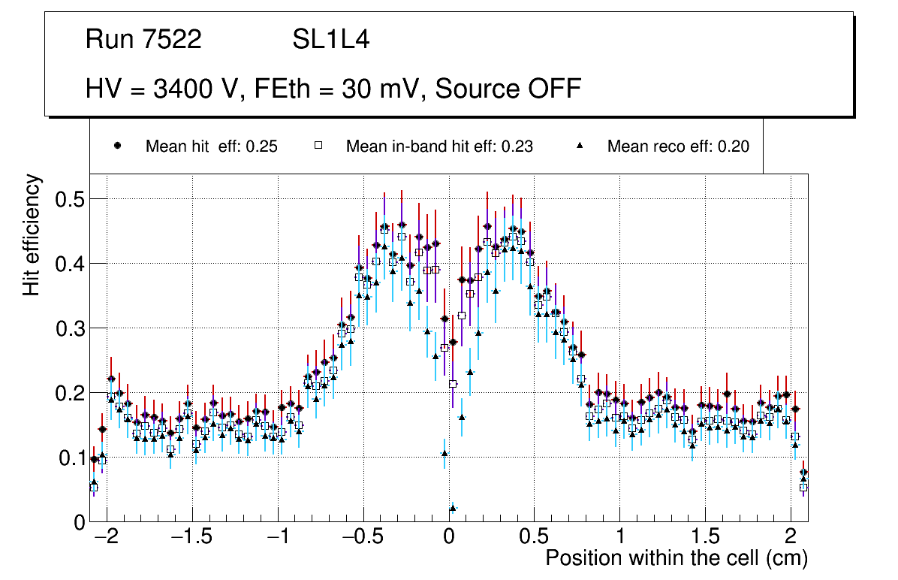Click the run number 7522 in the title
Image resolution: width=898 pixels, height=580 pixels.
(x=173, y=40)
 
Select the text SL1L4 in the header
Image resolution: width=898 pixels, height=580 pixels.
(x=330, y=40)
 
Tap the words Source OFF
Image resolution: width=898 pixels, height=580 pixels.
(x=508, y=89)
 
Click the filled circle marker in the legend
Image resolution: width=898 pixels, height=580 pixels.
(x=117, y=147)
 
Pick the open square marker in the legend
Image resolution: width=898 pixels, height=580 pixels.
(x=318, y=147)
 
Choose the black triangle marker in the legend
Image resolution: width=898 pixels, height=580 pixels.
(x=580, y=147)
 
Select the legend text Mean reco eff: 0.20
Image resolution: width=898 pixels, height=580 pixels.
(x=678, y=147)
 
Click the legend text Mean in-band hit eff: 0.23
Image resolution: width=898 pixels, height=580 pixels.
(x=439, y=147)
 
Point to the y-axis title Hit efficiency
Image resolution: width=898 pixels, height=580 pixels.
(x=32, y=234)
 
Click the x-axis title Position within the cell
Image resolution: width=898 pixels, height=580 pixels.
(x=676, y=558)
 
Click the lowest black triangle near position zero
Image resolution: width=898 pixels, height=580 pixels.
(x=452, y=509)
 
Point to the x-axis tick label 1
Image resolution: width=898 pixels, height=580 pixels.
(x=620, y=538)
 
